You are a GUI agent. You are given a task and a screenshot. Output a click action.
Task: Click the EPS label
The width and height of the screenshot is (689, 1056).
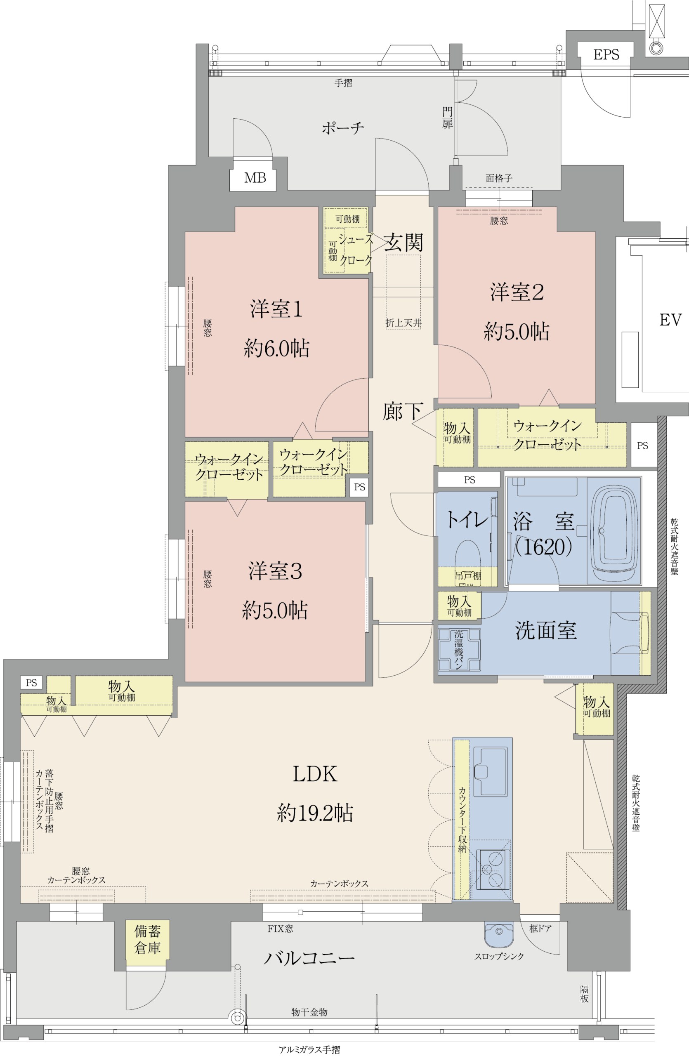606,54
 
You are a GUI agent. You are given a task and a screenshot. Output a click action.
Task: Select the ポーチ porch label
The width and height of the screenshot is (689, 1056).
342,128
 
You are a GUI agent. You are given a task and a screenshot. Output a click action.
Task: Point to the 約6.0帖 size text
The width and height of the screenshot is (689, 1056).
276,349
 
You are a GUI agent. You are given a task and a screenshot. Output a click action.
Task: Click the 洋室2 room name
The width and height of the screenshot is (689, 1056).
517,292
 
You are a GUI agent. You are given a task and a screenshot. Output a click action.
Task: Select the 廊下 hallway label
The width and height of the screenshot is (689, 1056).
403,411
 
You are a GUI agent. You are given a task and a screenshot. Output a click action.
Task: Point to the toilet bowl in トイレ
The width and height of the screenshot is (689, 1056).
467,553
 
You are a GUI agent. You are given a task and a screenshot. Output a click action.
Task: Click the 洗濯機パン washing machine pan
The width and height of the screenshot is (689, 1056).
459,650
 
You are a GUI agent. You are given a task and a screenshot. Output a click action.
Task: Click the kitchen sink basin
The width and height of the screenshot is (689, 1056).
490,771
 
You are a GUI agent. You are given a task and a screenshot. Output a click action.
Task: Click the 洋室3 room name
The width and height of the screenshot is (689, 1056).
275,571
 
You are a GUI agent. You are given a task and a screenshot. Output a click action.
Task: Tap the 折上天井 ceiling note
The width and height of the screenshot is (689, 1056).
403,323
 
